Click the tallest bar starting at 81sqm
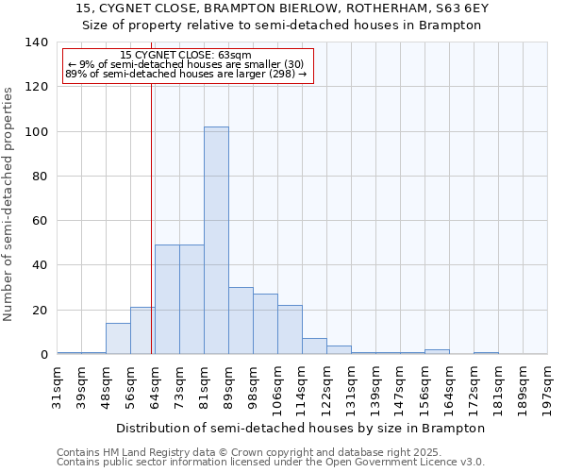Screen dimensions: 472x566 pos(216,241)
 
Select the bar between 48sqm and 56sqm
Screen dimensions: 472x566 pos(118,339)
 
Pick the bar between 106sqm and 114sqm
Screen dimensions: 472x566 pos(290,329)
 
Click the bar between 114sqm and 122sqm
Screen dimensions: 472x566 pos(314,346)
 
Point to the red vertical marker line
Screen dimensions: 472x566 pos(151,217)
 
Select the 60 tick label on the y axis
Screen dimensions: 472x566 pos(39,221)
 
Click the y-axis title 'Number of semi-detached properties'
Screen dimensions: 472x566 pos(9,203)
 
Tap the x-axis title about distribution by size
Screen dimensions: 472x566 pos(302,428)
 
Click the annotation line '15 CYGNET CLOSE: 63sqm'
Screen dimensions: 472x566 pos(186,56)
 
